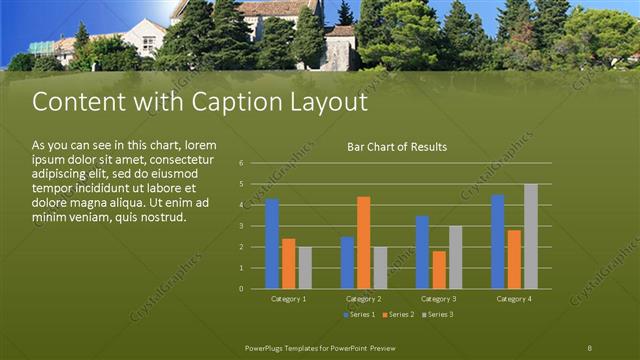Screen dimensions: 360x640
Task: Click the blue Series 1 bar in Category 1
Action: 272,244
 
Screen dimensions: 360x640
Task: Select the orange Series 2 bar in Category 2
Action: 363,243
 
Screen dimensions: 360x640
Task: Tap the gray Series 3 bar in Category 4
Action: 530,236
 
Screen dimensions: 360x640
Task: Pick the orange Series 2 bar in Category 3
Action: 439,270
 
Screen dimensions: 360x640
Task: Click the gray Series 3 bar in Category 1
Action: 305,268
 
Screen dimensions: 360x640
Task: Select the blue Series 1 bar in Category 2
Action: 347,263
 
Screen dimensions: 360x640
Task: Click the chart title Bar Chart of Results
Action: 397,147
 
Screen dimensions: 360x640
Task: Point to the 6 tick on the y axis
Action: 241,163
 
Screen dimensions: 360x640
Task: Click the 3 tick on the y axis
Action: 241,226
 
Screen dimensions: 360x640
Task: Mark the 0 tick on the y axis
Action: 241,289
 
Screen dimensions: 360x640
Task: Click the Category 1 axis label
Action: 289,299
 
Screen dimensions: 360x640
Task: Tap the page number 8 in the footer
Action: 590,346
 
